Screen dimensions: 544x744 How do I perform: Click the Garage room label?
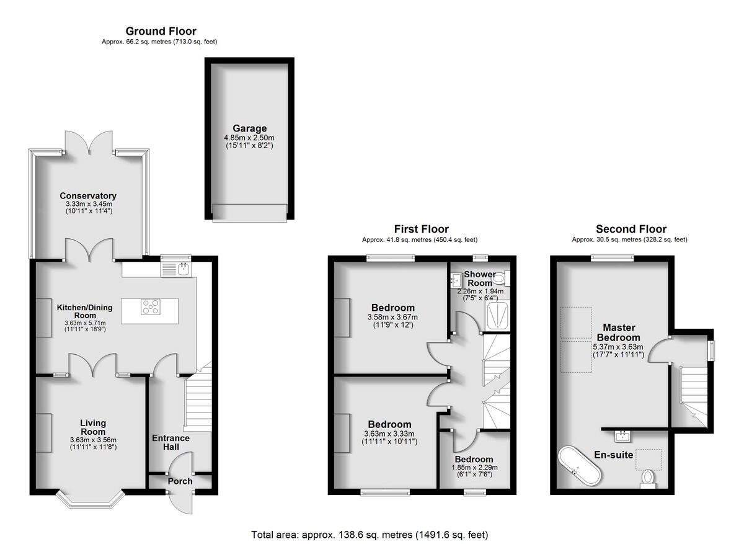click(249, 129)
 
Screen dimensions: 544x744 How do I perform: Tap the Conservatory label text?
click(88, 195)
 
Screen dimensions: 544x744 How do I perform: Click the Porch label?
click(180, 481)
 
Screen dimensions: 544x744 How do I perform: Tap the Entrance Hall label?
click(170, 442)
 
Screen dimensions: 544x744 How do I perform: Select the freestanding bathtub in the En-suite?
click(579, 466)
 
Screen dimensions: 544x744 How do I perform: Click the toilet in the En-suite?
click(647, 478)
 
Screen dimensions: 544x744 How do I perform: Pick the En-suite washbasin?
click(622, 435)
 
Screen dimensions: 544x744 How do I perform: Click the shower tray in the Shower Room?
click(498, 316)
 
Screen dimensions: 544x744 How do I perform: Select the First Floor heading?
click(421, 230)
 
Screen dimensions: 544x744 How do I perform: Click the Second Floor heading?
click(631, 230)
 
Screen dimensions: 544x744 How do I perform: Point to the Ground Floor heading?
click(161, 31)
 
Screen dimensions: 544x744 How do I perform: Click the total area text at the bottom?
click(370, 534)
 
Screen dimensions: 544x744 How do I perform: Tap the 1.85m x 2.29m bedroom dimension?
click(474, 468)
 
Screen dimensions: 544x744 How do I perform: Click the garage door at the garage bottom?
click(249, 212)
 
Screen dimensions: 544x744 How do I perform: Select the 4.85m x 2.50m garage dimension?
click(249, 138)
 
